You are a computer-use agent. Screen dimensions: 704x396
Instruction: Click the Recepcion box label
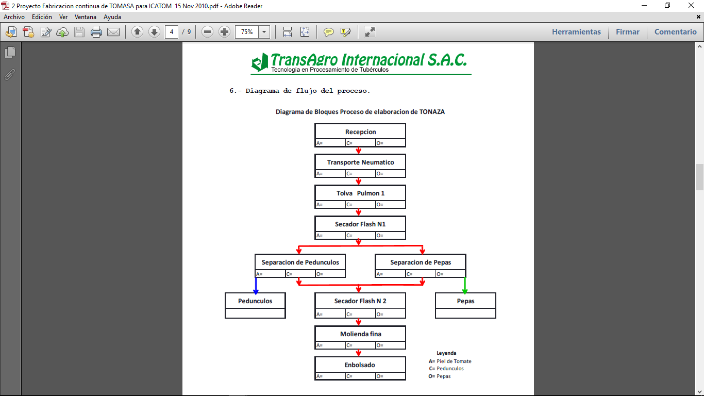pos(360,132)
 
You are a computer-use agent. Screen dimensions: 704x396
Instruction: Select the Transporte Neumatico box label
pos(360,162)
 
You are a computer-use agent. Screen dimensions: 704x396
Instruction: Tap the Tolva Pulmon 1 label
pos(360,193)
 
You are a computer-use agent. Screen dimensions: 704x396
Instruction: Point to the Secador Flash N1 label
pos(360,224)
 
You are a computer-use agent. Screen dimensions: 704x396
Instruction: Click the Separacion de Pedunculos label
pos(300,262)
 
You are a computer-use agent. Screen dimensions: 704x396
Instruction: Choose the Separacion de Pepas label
pos(421,262)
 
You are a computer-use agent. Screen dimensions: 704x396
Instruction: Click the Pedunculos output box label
pos(255,301)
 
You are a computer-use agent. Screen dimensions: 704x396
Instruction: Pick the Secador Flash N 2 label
pos(360,301)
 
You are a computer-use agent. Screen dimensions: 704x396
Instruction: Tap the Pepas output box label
pos(465,301)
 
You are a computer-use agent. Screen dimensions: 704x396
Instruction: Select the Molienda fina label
pos(360,334)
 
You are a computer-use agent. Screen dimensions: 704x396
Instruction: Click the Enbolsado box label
pos(360,365)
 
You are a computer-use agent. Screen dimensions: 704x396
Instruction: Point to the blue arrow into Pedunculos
pos(256,286)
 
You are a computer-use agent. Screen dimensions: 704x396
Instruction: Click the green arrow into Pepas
pos(465,286)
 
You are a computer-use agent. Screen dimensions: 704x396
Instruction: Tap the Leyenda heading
pos(446,353)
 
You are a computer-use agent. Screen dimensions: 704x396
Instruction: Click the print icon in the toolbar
pos(96,32)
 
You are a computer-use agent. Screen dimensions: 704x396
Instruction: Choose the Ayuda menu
pos(112,17)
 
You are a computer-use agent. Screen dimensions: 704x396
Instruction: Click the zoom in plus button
pos(224,32)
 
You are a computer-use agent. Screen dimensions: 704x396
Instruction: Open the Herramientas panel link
pos(576,32)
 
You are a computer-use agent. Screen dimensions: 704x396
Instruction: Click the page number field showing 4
pos(172,32)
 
